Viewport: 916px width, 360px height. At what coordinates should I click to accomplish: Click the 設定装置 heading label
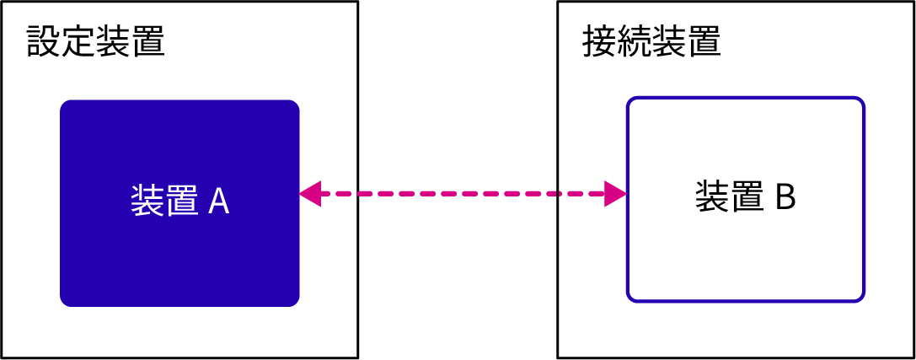[95, 41]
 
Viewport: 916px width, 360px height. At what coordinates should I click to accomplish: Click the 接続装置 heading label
[651, 41]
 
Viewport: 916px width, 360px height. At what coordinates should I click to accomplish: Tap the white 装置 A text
[179, 201]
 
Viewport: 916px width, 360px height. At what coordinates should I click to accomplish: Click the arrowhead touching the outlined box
[615, 194]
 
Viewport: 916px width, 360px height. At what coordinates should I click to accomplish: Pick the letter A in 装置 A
[218, 201]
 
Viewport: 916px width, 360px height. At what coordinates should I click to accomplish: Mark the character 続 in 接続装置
[635, 41]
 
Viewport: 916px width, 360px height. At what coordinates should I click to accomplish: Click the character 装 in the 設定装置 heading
[113, 41]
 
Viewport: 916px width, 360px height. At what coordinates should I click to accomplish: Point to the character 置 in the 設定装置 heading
[147, 41]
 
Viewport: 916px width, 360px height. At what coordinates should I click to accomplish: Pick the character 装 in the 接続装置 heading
[669, 41]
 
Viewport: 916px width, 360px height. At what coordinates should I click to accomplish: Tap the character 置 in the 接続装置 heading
[704, 41]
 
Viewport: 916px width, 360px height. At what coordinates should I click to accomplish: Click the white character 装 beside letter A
[147, 201]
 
